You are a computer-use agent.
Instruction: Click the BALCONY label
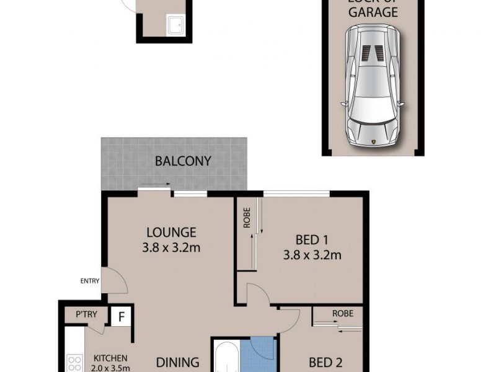[183, 161]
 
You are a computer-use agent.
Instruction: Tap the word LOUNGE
[171, 232]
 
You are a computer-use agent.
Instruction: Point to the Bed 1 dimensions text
[312, 254]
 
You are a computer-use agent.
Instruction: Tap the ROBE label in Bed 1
[247, 221]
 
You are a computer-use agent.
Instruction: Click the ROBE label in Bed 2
[342, 314]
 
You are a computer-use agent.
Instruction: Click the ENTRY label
[90, 281]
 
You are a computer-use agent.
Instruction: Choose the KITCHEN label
[110, 358]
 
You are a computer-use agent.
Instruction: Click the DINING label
[177, 362]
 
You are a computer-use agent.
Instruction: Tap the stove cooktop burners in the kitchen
[74, 363]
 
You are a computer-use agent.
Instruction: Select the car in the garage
[372, 85]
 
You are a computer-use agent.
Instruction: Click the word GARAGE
[373, 12]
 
